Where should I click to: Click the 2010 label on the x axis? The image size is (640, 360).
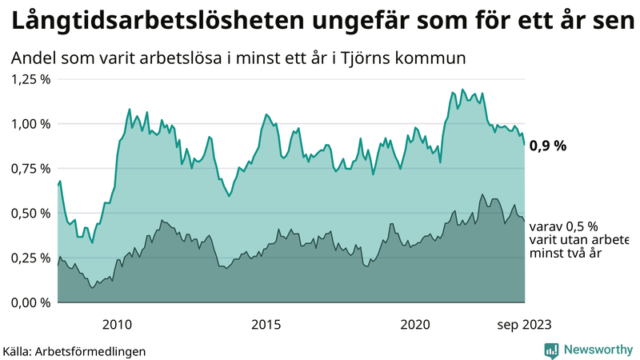pos(117,324)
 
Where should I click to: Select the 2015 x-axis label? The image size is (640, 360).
pos(266,324)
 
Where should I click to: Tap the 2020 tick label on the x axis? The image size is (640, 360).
pos(414,324)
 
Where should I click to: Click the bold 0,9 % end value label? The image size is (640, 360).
pos(548,146)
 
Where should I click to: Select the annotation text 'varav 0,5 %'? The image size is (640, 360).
pos(564,226)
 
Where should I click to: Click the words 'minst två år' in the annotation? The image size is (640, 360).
pos(566,254)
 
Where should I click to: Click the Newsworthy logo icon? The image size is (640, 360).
pos(551,350)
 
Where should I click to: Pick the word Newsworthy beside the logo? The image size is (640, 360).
pos(598,350)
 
